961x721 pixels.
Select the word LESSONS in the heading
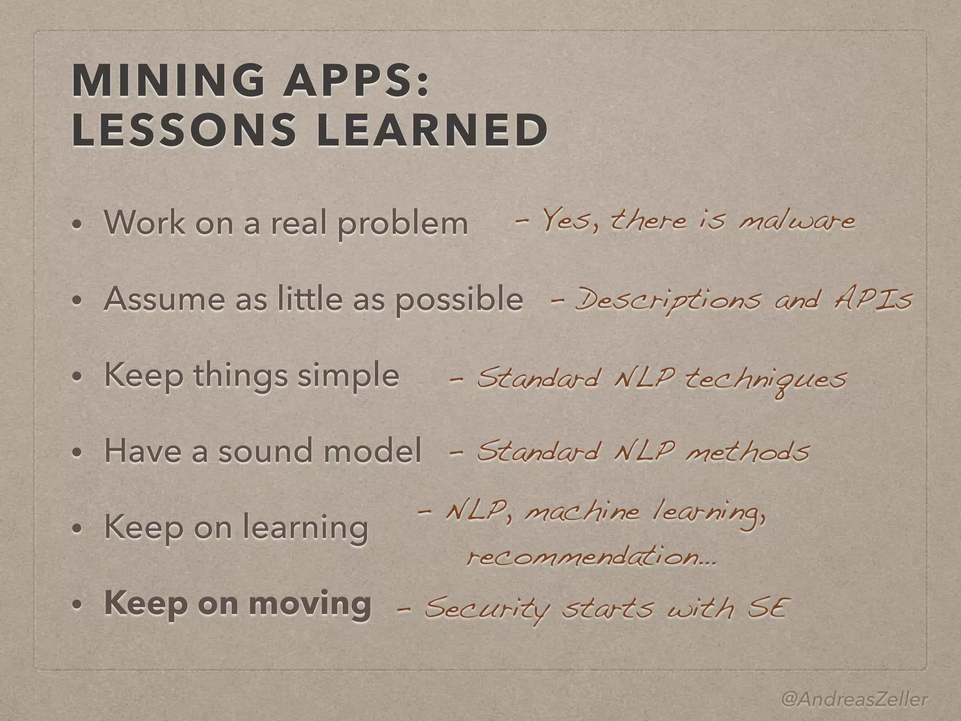[183, 130]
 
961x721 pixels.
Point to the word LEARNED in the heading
[432, 130]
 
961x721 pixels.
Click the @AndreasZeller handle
[854, 686]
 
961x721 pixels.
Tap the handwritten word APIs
[873, 299]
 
